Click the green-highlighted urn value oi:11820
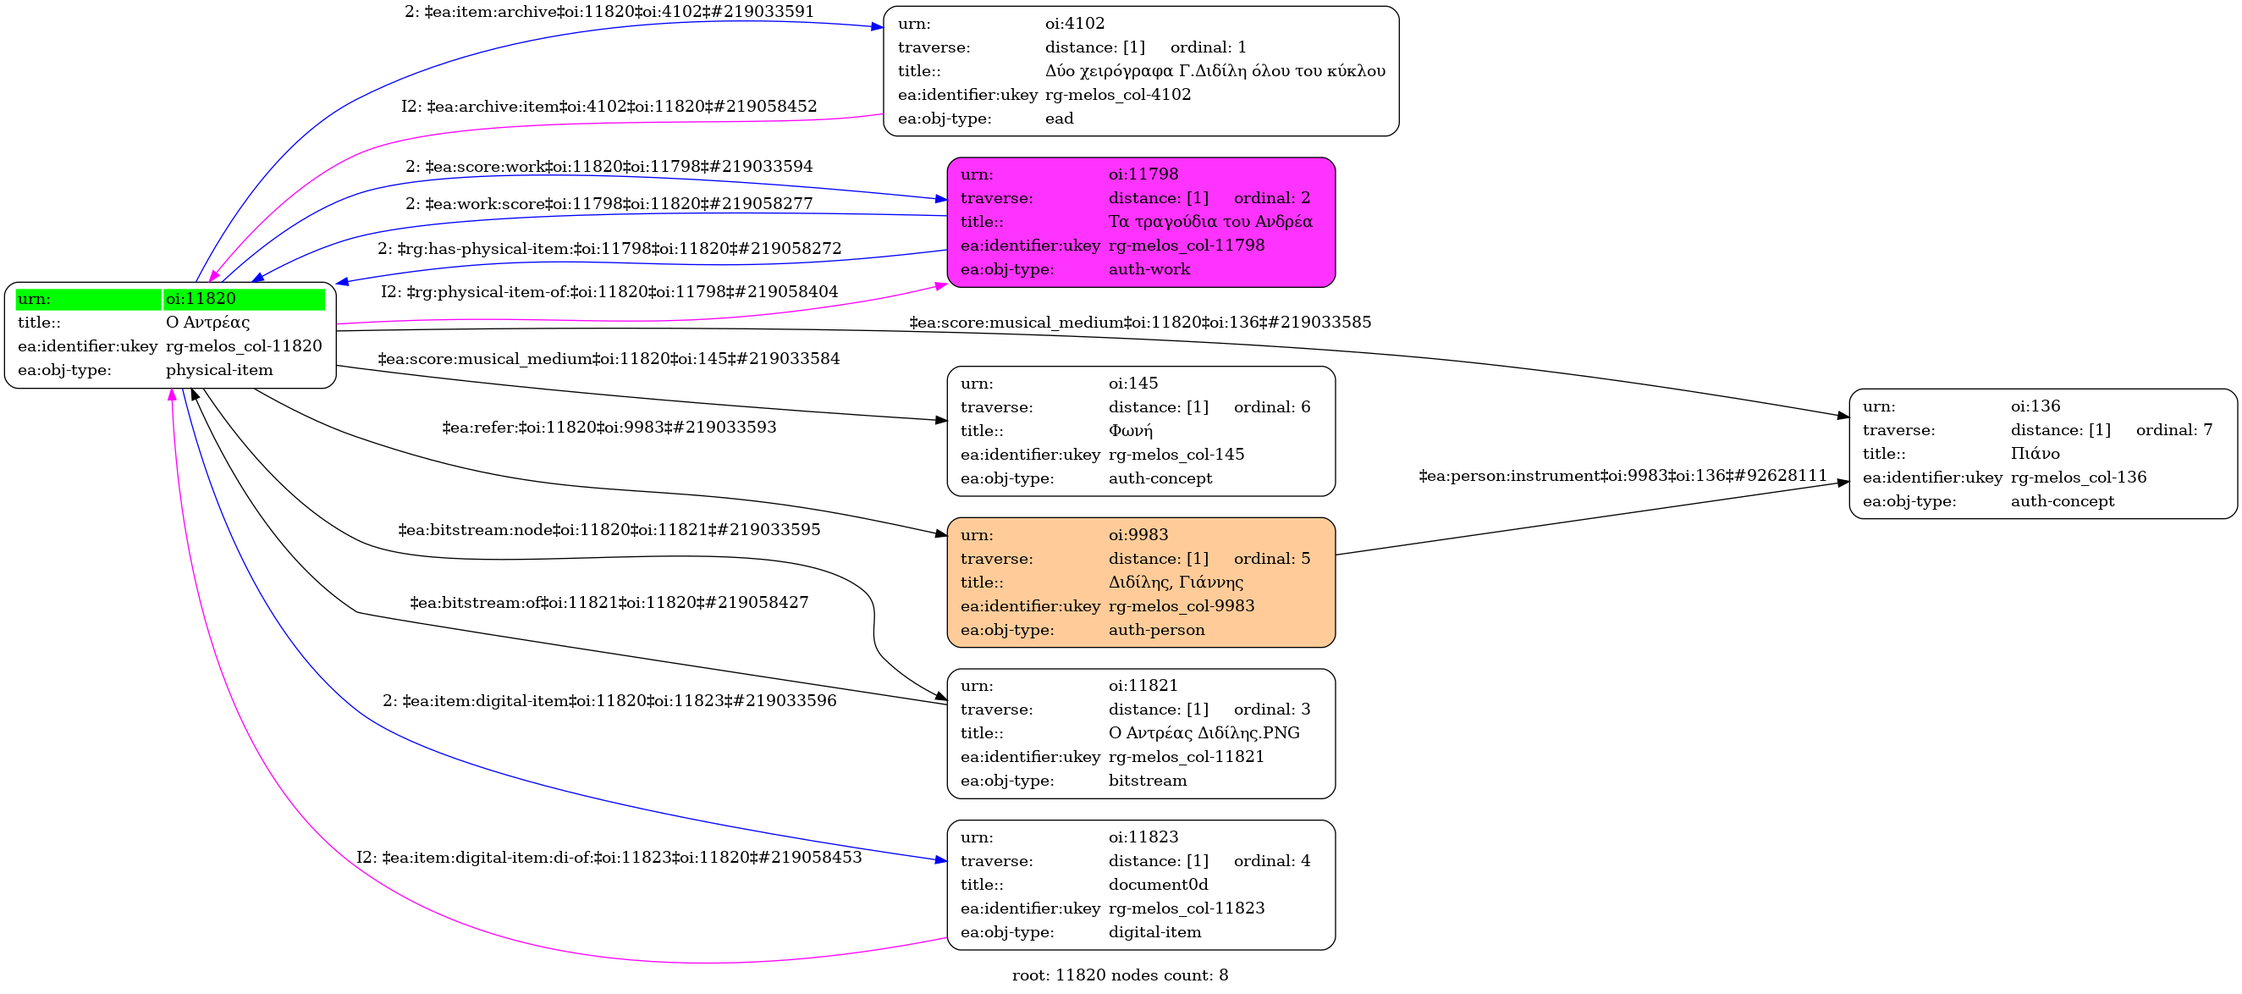201,299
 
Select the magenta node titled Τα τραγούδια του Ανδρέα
1140,222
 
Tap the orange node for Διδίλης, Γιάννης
1140,583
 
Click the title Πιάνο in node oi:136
2035,454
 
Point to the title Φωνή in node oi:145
1130,431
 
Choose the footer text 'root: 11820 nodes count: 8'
1120,975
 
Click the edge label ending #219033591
609,11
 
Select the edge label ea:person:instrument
1622,475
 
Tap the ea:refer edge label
609,428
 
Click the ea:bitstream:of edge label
609,602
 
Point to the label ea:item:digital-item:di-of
609,858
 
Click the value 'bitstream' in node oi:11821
1147,781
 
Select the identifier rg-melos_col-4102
1117,94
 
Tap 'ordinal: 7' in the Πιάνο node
2173,430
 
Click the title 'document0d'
1158,884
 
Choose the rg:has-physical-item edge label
609,249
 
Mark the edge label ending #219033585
1140,322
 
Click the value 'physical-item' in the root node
219,370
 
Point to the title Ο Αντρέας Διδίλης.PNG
1204,733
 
